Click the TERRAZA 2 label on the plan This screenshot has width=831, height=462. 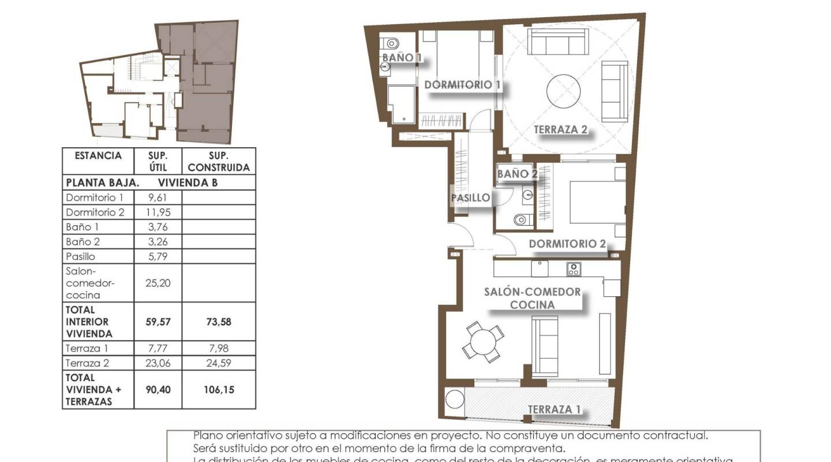tap(560, 129)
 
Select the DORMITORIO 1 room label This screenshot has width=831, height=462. tap(462, 85)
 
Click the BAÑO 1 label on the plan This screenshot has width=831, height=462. tap(402, 57)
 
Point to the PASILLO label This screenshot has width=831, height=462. tap(471, 198)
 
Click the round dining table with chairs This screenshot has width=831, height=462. tap(484, 342)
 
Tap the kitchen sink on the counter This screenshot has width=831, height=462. tap(539, 268)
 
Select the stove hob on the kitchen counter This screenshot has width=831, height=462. tap(574, 269)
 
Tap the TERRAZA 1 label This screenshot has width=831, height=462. tap(554, 409)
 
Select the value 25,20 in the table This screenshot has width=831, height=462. tap(158, 283)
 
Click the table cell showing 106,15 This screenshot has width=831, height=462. tap(218, 390)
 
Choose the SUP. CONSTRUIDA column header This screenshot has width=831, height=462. tap(218, 162)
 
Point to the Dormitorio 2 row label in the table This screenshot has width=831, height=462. tap(95, 212)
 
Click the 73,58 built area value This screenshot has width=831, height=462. tap(218, 322)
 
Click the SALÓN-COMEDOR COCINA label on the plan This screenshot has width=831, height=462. tap(532, 298)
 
